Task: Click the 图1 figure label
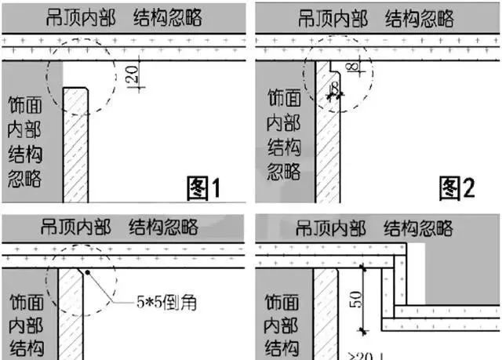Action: [x=204, y=188]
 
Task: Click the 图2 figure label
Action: [x=457, y=187]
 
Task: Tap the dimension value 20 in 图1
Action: [x=133, y=76]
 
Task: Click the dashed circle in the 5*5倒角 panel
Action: [x=81, y=278]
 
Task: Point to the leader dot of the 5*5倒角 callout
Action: [x=89, y=272]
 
